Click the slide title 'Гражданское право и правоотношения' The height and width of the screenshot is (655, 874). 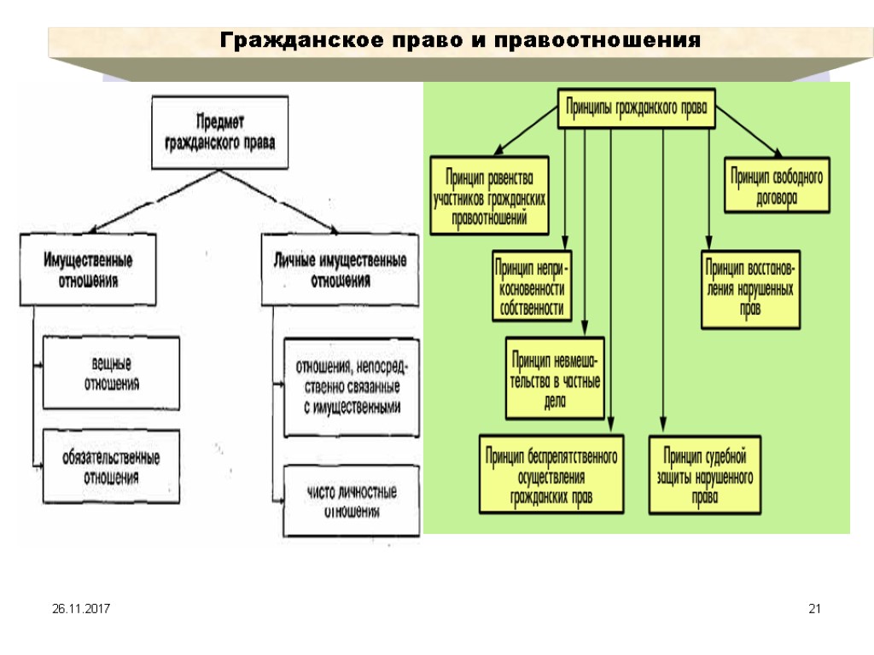[461, 40]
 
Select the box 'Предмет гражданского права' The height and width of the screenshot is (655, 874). [220, 131]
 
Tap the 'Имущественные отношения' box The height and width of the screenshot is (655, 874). [88, 270]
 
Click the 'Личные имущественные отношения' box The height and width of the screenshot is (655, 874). [340, 270]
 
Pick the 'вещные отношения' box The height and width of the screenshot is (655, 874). [112, 374]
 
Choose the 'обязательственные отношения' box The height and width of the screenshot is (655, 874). [112, 467]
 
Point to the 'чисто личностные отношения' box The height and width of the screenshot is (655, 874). [352, 502]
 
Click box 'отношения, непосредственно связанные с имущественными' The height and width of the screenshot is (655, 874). [352, 388]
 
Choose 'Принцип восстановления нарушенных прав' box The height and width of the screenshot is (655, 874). [751, 287]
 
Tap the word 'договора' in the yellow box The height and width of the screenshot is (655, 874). [777, 197]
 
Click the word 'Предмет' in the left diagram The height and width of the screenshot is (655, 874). [221, 120]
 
